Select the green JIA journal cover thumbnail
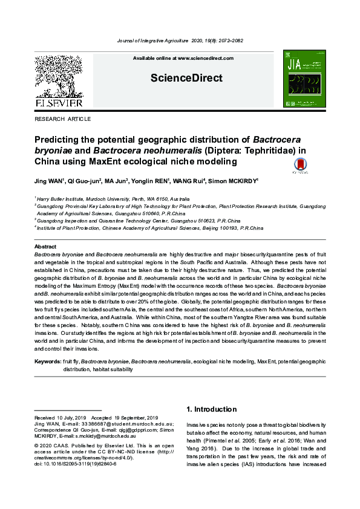tap(304, 79)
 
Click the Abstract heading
tap(45, 247)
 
